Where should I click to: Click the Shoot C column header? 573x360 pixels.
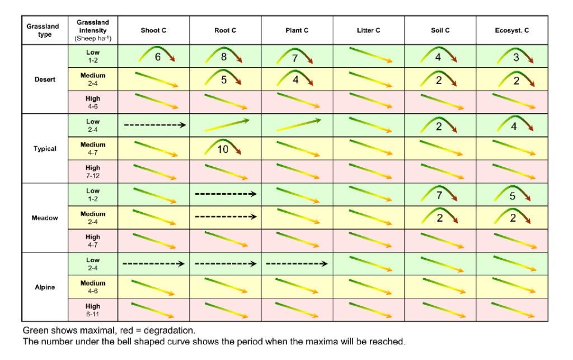click(x=153, y=30)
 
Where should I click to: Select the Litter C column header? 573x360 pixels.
click(x=368, y=30)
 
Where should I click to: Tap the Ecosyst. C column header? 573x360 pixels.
click(x=511, y=30)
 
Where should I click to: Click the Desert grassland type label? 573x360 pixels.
click(x=45, y=80)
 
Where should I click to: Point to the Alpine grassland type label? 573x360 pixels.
click(x=45, y=287)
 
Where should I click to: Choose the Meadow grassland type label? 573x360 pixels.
click(x=45, y=218)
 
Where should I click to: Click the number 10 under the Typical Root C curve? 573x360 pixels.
click(x=223, y=149)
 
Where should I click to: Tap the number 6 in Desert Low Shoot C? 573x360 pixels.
click(x=158, y=57)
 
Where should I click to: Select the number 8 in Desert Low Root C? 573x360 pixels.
click(x=224, y=57)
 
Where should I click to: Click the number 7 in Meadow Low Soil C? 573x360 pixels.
click(x=439, y=195)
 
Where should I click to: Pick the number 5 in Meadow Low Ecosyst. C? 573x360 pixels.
click(x=512, y=196)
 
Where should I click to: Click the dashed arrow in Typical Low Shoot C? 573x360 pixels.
click(x=154, y=125)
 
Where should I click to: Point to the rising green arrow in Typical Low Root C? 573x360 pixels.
click(x=226, y=125)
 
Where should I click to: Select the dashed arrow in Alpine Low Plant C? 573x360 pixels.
click(x=297, y=263)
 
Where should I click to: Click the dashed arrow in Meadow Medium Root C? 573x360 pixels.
click(x=226, y=216)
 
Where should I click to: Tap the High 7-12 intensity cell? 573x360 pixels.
click(x=93, y=171)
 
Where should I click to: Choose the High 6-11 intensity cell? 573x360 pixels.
click(x=93, y=310)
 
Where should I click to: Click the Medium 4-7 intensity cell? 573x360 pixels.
click(x=93, y=148)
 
